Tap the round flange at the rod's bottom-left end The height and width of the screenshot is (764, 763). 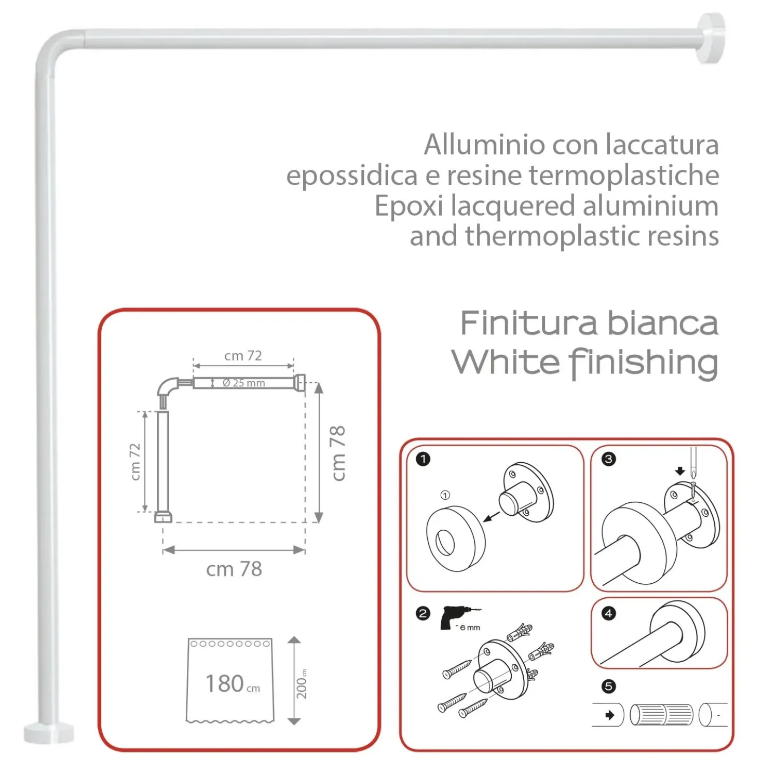tap(49, 733)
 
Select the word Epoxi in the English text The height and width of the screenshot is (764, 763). tap(408, 206)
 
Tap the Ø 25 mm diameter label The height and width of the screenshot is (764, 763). tap(243, 383)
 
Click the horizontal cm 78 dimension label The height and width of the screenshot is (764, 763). tap(234, 569)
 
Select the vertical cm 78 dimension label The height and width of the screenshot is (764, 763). tap(338, 453)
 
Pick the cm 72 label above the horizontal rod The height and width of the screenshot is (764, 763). tap(243, 356)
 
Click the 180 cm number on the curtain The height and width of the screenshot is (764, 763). tap(233, 683)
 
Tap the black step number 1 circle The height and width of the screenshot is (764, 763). tap(423, 459)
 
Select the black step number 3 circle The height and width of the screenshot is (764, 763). tap(608, 459)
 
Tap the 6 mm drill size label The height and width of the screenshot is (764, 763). tap(470, 627)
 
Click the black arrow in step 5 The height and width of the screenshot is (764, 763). tap(609, 715)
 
